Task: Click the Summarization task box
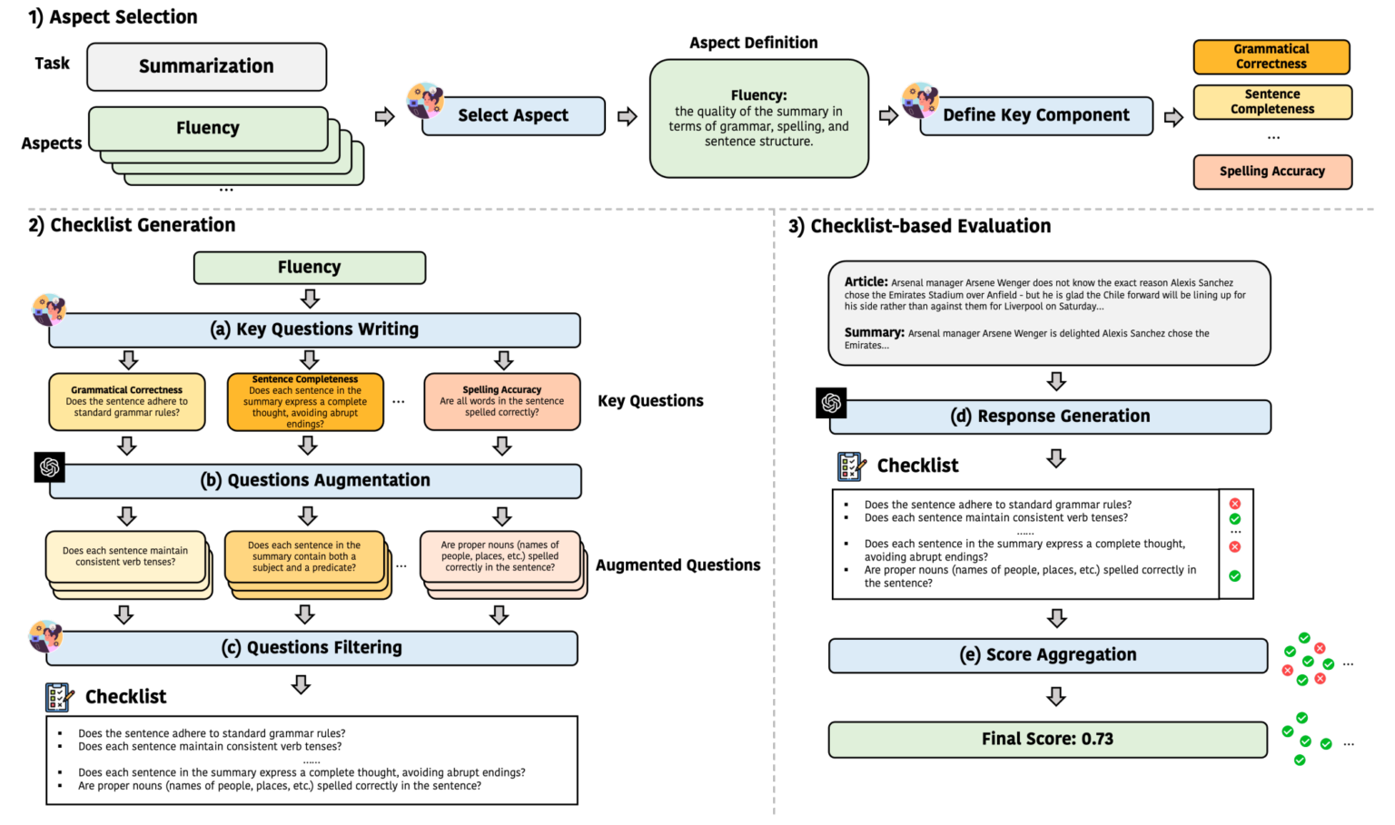click(x=206, y=66)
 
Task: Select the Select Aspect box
click(x=513, y=116)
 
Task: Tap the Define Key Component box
click(x=1036, y=116)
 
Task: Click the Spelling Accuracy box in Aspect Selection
click(x=1271, y=172)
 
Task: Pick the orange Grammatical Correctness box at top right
click(x=1271, y=56)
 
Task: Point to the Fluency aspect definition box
click(x=758, y=118)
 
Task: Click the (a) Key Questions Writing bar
click(x=314, y=329)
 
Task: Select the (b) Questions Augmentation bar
click(x=315, y=481)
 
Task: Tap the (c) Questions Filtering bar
click(x=312, y=648)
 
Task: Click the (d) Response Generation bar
click(x=1050, y=417)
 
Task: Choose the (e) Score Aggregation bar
click(x=1047, y=655)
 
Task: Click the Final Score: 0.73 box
click(x=1047, y=740)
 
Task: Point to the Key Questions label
click(x=650, y=401)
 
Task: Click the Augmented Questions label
click(x=678, y=565)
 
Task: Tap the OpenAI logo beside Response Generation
click(x=831, y=403)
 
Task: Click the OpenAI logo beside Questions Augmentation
click(x=50, y=467)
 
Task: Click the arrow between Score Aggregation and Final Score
click(x=1055, y=696)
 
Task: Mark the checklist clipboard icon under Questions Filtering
click(x=59, y=697)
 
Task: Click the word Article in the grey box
click(x=865, y=282)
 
